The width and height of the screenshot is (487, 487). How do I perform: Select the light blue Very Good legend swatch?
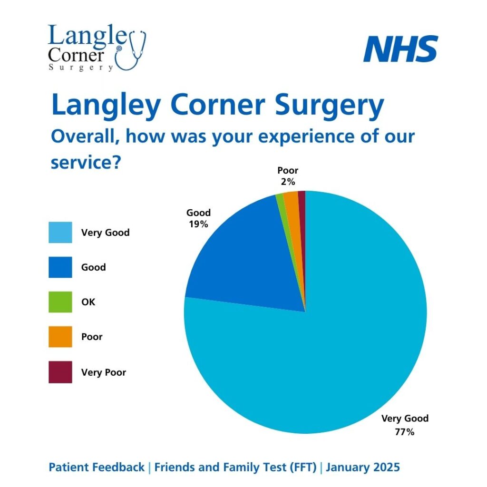pyautogui.click(x=60, y=233)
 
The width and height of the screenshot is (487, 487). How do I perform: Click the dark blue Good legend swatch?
pyautogui.click(x=60, y=267)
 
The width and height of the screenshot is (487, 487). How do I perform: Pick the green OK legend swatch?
pyautogui.click(x=60, y=302)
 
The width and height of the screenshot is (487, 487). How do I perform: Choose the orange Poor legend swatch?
pyautogui.click(x=60, y=337)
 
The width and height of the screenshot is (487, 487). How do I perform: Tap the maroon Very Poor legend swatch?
pyautogui.click(x=60, y=372)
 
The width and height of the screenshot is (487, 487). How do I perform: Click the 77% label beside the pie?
pyautogui.click(x=405, y=432)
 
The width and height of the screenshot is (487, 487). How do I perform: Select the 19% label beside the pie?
pyautogui.click(x=198, y=224)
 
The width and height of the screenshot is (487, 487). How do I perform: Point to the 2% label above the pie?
pyautogui.click(x=288, y=182)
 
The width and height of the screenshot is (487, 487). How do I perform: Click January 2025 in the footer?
pyautogui.click(x=363, y=468)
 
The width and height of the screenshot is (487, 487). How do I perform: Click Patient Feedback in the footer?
pyautogui.click(x=97, y=468)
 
